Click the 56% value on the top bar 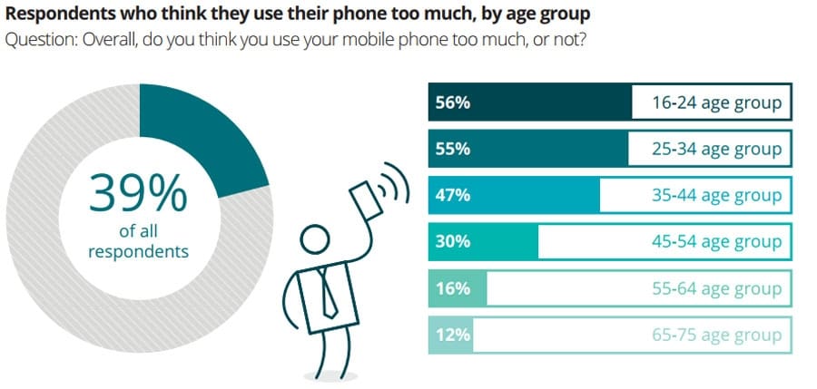(x=452, y=102)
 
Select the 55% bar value (x=452, y=149)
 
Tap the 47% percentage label (x=452, y=195)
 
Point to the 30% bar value (x=452, y=241)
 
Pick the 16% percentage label (x=452, y=288)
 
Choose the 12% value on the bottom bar (x=452, y=335)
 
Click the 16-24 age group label (x=715, y=102)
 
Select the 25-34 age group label (x=715, y=149)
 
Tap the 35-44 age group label (x=715, y=195)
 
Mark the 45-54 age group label (x=715, y=241)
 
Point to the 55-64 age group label (x=715, y=288)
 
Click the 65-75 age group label (x=715, y=335)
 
